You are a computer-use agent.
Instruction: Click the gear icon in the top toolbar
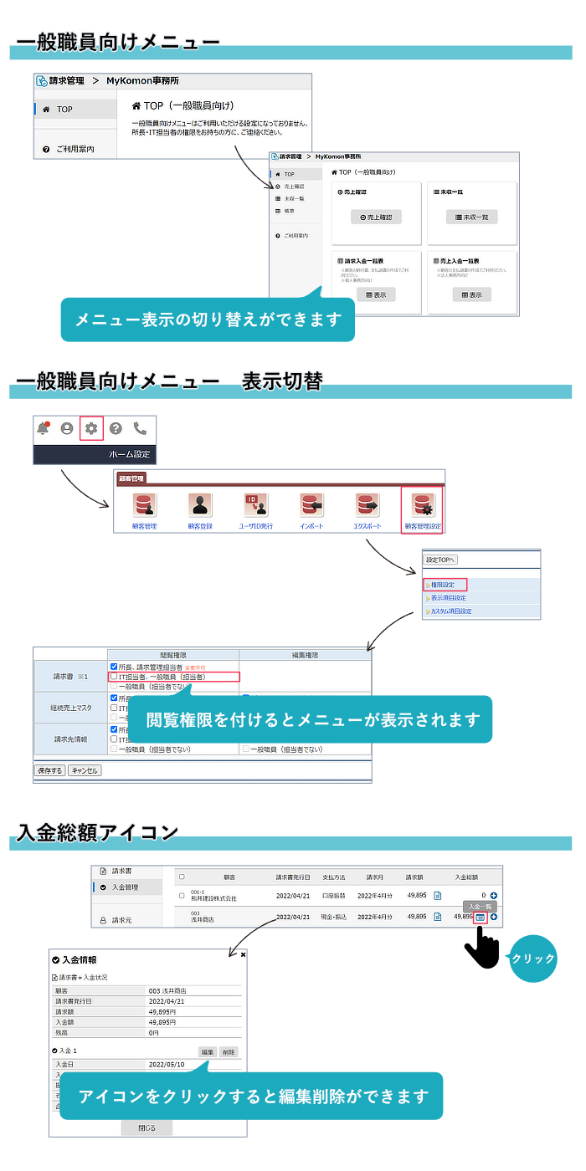(91, 428)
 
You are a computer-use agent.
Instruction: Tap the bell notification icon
(43, 428)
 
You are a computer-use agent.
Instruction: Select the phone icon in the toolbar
(140, 428)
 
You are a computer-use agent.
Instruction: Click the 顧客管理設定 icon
(422, 506)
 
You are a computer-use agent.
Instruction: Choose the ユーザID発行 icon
(255, 506)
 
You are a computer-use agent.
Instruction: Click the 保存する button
(49, 770)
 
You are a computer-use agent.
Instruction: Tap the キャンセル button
(85, 770)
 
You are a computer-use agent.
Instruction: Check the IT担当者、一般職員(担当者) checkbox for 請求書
(113, 676)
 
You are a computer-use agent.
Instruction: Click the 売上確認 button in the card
(376, 217)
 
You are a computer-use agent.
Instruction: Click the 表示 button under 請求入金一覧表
(376, 294)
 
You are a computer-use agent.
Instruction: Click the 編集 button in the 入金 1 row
(208, 1051)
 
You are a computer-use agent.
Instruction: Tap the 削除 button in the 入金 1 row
(229, 1051)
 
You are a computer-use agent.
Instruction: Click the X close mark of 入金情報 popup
(243, 954)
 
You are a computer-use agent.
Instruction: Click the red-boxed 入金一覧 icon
(481, 917)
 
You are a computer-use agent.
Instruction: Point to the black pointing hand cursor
(480, 949)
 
